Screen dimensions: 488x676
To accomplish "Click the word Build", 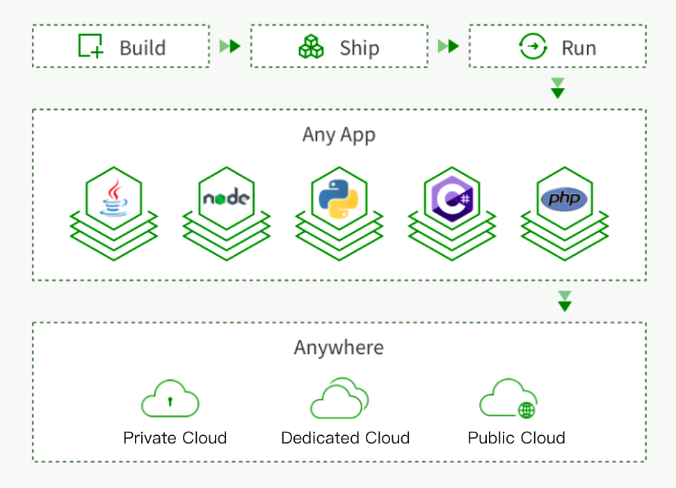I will tap(143, 48).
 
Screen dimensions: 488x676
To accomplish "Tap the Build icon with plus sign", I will tap(90, 46).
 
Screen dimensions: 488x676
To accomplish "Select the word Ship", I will tap(359, 48).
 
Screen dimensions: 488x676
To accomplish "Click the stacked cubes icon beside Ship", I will tap(311, 47).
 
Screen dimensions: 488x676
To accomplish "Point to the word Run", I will tap(579, 48).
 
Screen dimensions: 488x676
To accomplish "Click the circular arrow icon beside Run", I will tap(533, 47).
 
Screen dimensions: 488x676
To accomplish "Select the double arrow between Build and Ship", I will tap(230, 47).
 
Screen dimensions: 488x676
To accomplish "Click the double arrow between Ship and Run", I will tap(448, 47).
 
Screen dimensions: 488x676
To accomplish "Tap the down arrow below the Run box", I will tap(557, 88).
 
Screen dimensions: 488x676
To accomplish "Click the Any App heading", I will tap(339, 134).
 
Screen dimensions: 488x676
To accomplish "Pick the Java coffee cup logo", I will tap(114, 198).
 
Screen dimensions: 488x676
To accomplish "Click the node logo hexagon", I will tap(226, 198).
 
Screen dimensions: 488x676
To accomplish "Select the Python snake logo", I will tap(339, 198).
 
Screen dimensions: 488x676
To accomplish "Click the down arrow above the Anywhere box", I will tap(565, 301).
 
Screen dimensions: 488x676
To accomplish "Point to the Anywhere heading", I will tap(339, 347).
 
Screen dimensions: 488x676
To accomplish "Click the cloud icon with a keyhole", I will tap(170, 400).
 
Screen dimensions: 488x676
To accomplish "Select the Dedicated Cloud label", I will tap(345, 438).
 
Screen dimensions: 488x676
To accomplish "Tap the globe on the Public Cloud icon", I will tap(526, 409).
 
